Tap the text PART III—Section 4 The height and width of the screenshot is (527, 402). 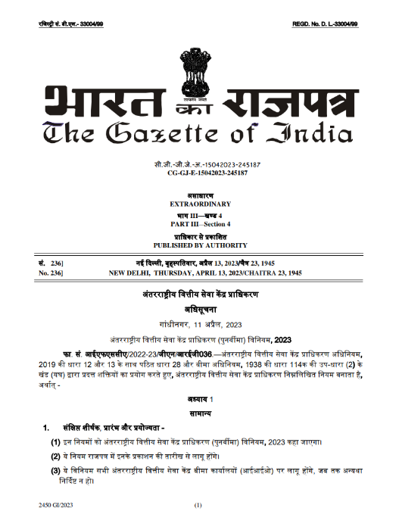(201, 225)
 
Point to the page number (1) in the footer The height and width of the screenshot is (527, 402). (199, 504)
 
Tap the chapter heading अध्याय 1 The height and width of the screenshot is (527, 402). (201, 398)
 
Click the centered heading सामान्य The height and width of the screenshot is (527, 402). (201, 413)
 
